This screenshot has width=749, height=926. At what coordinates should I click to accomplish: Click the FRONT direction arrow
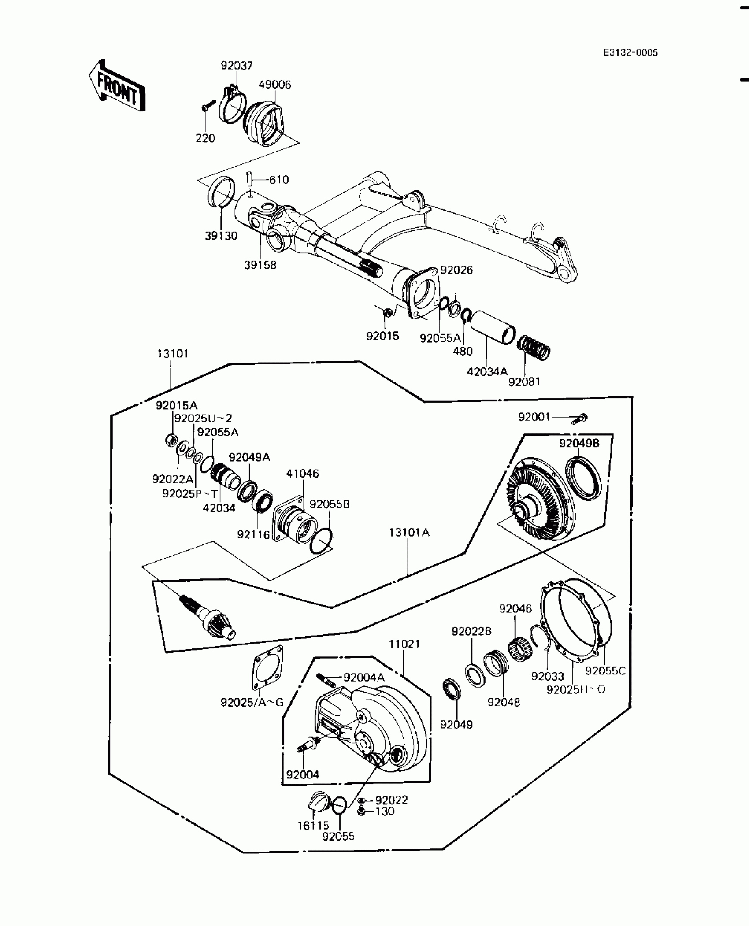[x=116, y=86]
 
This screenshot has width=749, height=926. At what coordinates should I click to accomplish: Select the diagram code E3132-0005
[x=630, y=53]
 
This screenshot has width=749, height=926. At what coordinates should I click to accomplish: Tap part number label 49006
[x=274, y=85]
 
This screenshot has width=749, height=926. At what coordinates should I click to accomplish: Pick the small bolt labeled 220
[x=208, y=106]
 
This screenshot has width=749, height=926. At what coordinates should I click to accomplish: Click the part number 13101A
[x=409, y=533]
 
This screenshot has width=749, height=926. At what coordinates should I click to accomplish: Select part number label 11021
[x=404, y=644]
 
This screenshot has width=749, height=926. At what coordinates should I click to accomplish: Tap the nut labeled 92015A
[x=171, y=440]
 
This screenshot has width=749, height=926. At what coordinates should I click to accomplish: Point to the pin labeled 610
[x=248, y=179]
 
